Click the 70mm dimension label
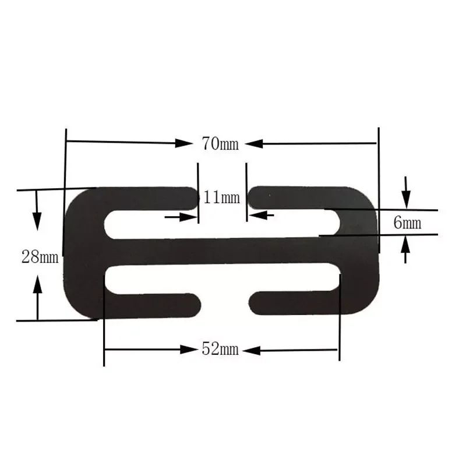coord(220,143)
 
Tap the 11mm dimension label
coord(222,197)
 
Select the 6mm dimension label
coord(407,222)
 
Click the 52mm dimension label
coord(220,349)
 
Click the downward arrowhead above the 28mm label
coord(37,221)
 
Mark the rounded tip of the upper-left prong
coord(196,197)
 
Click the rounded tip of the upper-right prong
coord(254,197)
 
